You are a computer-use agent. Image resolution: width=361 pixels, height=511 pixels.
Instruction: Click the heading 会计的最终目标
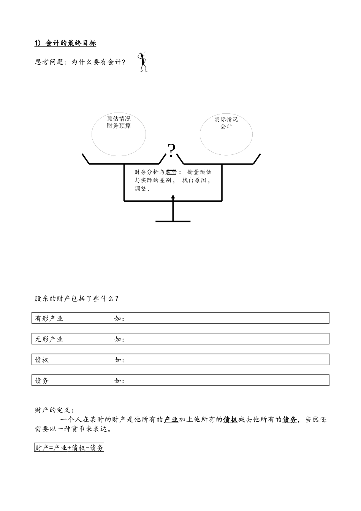(71, 43)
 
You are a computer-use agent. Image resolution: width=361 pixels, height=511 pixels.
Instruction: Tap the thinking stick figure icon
(143, 62)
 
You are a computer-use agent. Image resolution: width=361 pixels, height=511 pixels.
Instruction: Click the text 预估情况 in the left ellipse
(119, 119)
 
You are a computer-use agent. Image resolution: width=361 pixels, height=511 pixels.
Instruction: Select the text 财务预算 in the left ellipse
(119, 126)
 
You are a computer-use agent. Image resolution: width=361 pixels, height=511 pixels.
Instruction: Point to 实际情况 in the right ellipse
(226, 119)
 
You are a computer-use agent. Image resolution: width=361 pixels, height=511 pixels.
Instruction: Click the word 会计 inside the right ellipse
(226, 127)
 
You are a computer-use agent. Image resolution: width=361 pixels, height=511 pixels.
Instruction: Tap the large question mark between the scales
(172, 151)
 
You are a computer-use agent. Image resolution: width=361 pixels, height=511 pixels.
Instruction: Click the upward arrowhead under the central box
(173, 197)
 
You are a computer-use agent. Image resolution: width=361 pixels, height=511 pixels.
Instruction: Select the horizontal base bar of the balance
(173, 221)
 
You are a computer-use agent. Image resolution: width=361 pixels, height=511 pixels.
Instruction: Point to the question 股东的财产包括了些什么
(76, 299)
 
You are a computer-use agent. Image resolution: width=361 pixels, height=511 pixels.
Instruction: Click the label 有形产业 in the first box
(49, 319)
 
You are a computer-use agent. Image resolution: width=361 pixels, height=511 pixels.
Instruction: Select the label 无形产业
(49, 339)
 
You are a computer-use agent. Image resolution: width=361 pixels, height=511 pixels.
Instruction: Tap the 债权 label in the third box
(42, 360)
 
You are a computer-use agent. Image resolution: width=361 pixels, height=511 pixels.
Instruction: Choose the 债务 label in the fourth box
(42, 381)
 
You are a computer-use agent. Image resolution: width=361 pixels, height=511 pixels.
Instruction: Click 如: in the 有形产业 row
(119, 319)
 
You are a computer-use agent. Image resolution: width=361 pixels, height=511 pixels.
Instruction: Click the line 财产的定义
(54, 410)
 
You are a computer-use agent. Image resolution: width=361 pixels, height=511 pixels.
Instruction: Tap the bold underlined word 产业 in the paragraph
(171, 420)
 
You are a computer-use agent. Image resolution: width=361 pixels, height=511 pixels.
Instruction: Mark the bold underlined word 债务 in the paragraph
(290, 420)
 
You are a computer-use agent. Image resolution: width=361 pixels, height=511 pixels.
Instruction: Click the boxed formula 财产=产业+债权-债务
(69, 448)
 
